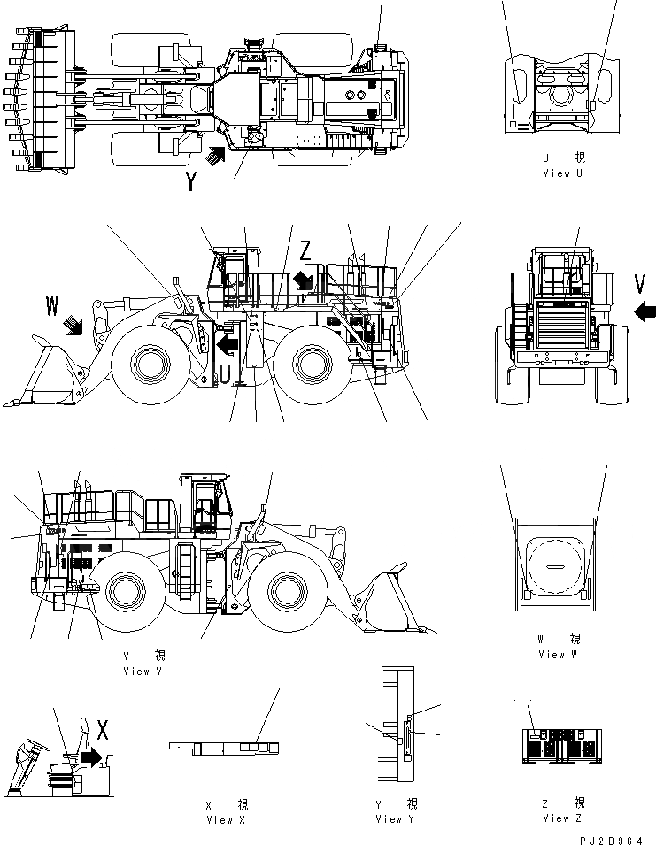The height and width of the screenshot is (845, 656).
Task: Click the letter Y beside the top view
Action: click(191, 181)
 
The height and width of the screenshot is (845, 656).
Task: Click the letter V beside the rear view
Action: click(640, 283)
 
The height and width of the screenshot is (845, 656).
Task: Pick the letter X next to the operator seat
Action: click(103, 730)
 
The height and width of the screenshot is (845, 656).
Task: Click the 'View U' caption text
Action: click(562, 173)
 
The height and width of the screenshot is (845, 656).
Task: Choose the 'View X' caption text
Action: click(226, 820)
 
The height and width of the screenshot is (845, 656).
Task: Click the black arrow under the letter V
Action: click(645, 311)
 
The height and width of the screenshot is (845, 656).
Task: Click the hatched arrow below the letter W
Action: click(73, 327)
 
